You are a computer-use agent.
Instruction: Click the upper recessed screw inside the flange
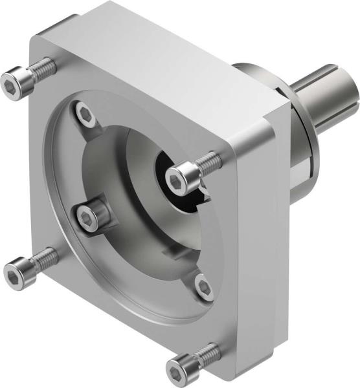pyautogui.click(x=86, y=115)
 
